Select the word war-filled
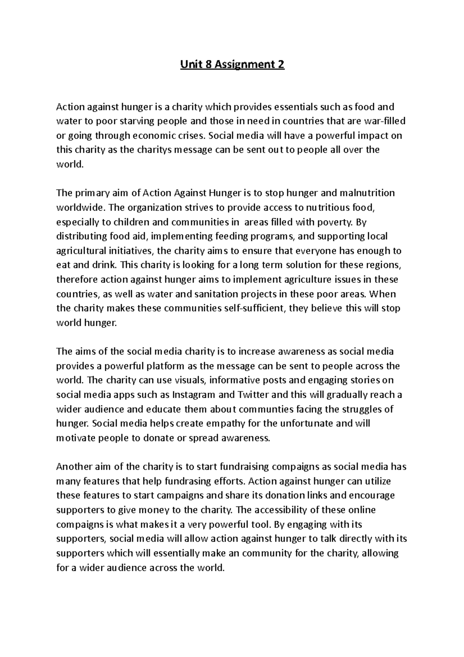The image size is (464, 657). click(x=385, y=121)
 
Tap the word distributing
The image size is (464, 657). click(x=76, y=236)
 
